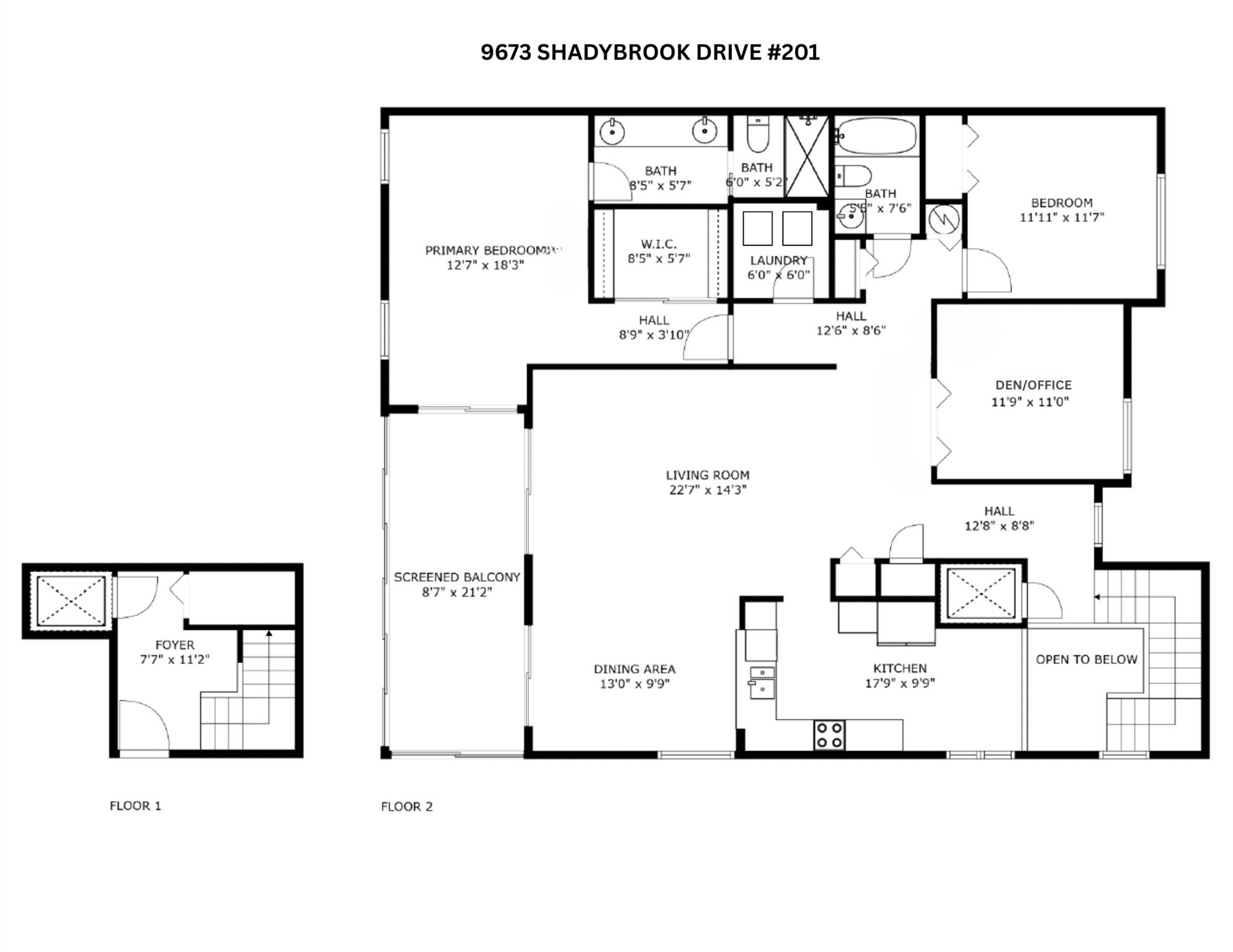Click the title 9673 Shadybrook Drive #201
point(649,53)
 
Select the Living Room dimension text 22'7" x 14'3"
point(707,490)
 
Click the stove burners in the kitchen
point(829,735)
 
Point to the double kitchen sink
point(762,682)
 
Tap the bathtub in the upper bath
point(876,136)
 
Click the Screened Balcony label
point(456,577)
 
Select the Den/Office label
point(1033,385)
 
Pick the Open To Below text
point(1086,659)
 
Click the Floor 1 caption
point(135,806)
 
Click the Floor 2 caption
point(406,806)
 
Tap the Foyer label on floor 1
point(174,645)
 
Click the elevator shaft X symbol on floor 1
point(70,600)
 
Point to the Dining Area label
point(634,669)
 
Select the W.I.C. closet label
point(658,244)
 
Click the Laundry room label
point(778,260)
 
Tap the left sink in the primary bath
point(612,131)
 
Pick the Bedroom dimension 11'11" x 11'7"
point(1062,218)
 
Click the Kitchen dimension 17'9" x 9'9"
point(899,684)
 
